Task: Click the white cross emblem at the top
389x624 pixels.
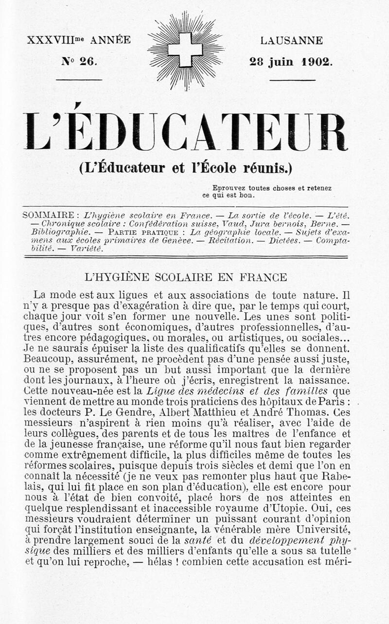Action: pos(185,50)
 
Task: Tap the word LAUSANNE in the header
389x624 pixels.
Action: pos(291,41)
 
